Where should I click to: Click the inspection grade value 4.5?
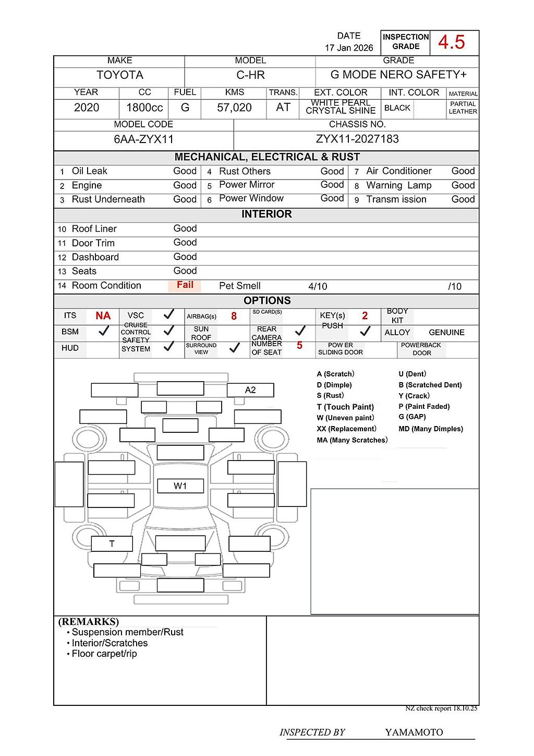pyautogui.click(x=452, y=42)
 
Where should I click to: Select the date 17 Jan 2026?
pyautogui.click(x=349, y=48)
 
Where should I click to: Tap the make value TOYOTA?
pyautogui.click(x=119, y=75)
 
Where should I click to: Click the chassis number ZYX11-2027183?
pyautogui.click(x=357, y=139)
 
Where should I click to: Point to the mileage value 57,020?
pyautogui.click(x=234, y=108)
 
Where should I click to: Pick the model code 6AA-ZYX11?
pyautogui.click(x=143, y=139)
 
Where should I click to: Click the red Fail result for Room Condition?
pyautogui.click(x=185, y=285)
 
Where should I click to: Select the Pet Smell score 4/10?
pyautogui.click(x=318, y=287)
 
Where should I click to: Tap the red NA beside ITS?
pyautogui.click(x=103, y=316)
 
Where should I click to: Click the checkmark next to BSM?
pyautogui.click(x=104, y=330)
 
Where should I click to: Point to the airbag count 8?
pyautogui.click(x=234, y=316)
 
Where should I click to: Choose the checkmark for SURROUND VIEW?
pyautogui.click(x=235, y=348)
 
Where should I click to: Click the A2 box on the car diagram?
pyautogui.click(x=250, y=390)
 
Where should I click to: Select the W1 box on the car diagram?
pyautogui.click(x=180, y=486)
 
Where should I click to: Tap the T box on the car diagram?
pyautogui.click(x=112, y=544)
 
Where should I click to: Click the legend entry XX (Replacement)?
pyautogui.click(x=346, y=429)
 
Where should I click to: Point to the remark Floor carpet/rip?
pyautogui.click(x=104, y=654)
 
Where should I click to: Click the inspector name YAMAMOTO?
pyautogui.click(x=414, y=733)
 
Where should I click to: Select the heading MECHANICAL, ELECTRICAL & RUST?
pyautogui.click(x=267, y=157)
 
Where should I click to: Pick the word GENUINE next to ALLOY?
pyautogui.click(x=446, y=333)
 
